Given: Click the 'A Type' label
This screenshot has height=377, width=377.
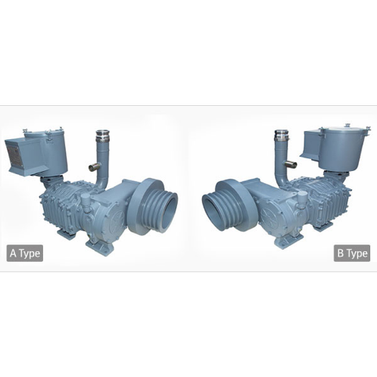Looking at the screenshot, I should click(x=24, y=253).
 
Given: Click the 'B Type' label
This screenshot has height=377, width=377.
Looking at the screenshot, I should click(x=353, y=253).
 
